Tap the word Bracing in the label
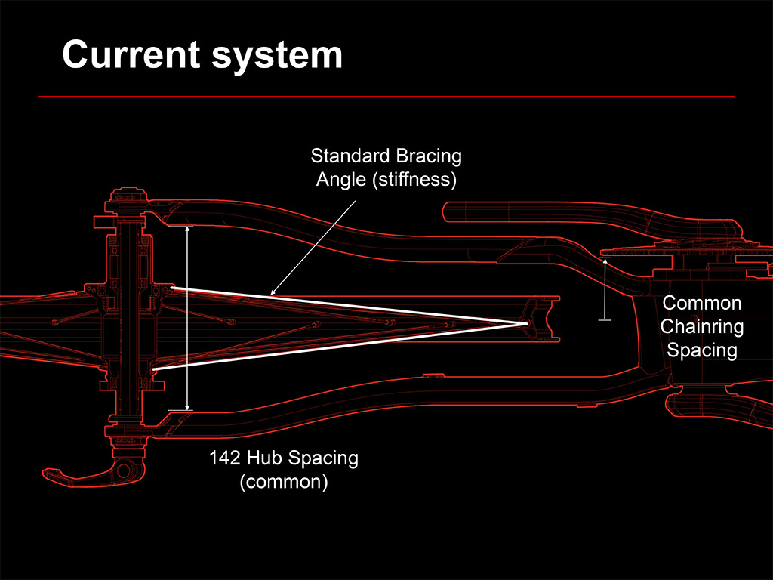(x=427, y=157)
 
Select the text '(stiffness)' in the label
(x=420, y=180)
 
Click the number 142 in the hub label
(x=225, y=458)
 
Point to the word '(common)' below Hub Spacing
(x=283, y=482)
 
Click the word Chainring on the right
(x=701, y=327)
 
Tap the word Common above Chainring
(x=701, y=304)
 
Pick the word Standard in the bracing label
(x=348, y=157)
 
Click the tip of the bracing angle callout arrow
(x=271, y=294)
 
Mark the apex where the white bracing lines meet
(x=527, y=324)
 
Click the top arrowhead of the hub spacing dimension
(x=188, y=227)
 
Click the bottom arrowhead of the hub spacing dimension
(x=188, y=408)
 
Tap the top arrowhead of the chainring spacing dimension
(x=604, y=261)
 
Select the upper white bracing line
(x=347, y=305)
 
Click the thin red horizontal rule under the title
(x=386, y=97)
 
